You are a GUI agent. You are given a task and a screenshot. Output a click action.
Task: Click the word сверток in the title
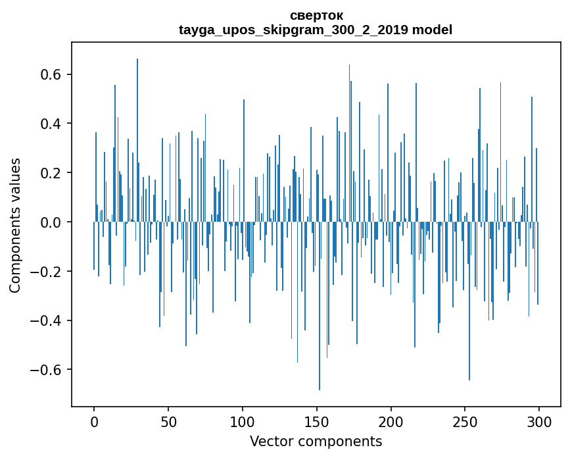(x=316, y=15)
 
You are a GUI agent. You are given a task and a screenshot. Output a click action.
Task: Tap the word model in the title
(x=432, y=30)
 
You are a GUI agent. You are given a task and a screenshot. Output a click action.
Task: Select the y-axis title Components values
(x=15, y=225)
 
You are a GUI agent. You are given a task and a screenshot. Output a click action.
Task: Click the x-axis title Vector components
(x=316, y=441)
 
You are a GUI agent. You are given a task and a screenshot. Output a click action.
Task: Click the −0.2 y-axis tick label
(x=47, y=271)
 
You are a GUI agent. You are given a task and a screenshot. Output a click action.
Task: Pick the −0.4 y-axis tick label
(x=47, y=320)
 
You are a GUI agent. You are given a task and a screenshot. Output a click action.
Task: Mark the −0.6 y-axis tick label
(x=47, y=370)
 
